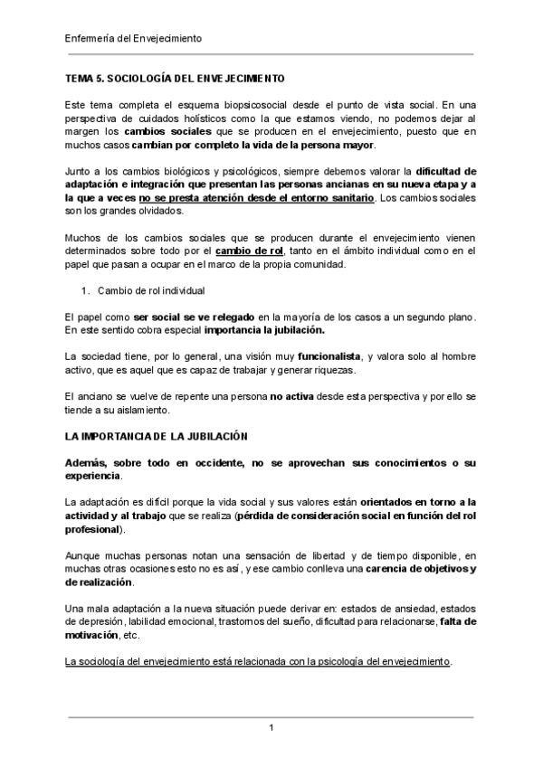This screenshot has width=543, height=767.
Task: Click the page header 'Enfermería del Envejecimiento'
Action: coord(135,39)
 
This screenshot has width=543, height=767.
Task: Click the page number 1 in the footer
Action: coord(271,728)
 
